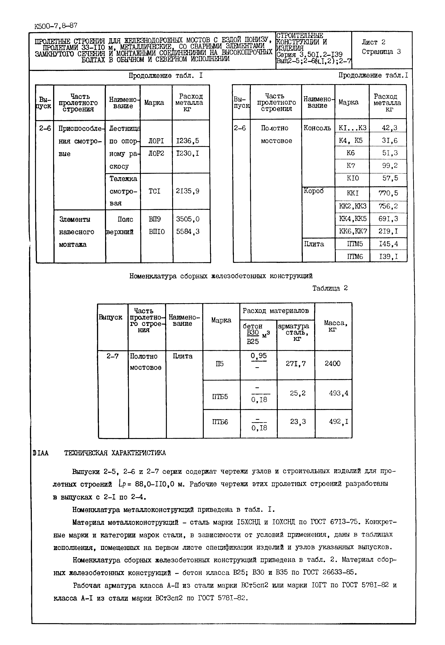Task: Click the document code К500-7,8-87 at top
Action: (56, 26)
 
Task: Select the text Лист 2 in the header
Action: (373, 42)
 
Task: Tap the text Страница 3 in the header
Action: (381, 52)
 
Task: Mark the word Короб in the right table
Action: (314, 191)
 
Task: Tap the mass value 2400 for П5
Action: (332, 363)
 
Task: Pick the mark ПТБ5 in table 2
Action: (220, 397)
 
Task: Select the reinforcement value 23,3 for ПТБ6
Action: (298, 422)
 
